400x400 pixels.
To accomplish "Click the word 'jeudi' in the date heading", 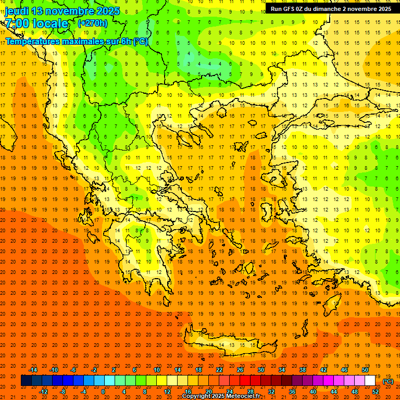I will click(17, 11).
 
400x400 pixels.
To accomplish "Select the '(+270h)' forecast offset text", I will click(92, 23).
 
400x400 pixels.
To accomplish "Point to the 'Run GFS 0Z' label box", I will click(331, 9).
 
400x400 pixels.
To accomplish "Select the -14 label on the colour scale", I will click(33, 370).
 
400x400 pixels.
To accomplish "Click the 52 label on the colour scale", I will click(376, 391).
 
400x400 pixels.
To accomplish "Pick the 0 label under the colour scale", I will click(103, 391).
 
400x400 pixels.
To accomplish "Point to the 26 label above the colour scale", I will click(240, 370).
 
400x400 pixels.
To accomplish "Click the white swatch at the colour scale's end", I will click(370, 381).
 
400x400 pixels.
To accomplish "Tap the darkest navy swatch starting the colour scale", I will click(26, 381).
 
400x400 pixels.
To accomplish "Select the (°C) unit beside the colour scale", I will click(388, 381).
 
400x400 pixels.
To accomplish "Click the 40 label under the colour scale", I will click(313, 391).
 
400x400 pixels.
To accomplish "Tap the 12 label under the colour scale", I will click(167, 391).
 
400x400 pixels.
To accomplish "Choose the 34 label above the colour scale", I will click(282, 370).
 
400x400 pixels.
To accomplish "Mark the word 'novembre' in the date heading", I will click(64, 11).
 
